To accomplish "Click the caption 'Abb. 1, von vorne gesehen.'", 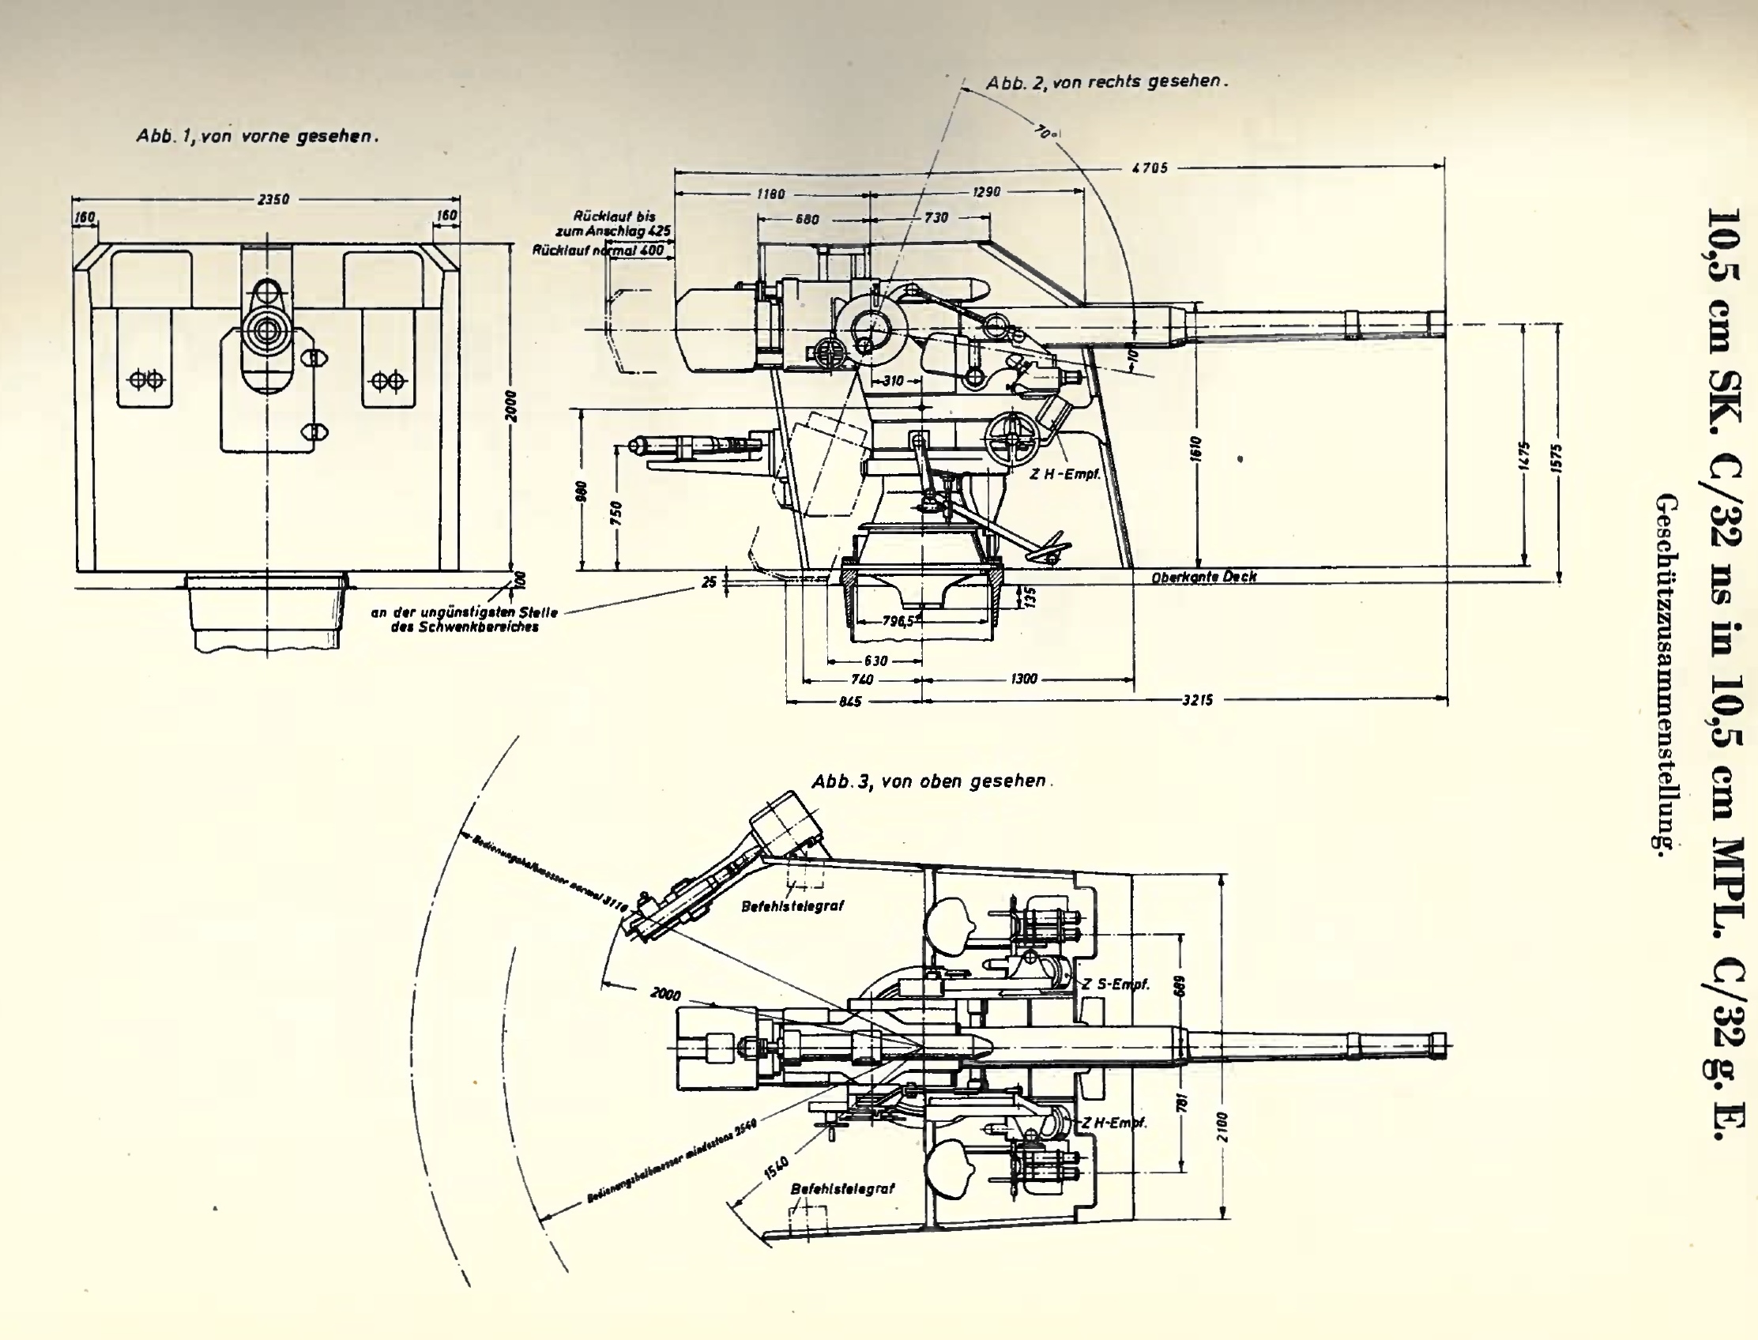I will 257,137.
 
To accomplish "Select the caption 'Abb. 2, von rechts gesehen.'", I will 1106,82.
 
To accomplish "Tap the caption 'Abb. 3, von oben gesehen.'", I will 932,781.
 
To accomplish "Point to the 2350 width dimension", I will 273,199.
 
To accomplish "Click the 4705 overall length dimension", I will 1150,168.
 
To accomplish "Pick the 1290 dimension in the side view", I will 986,192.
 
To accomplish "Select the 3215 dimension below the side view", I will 1197,700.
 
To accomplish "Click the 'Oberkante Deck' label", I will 1203,577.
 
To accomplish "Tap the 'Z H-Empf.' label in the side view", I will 1064,474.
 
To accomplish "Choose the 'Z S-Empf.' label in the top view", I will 1115,984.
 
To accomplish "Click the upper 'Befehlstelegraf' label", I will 792,906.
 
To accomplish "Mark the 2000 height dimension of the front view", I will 511,406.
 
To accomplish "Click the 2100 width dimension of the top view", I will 1223,1126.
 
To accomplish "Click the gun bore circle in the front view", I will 265,328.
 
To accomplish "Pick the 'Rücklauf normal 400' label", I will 598,250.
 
